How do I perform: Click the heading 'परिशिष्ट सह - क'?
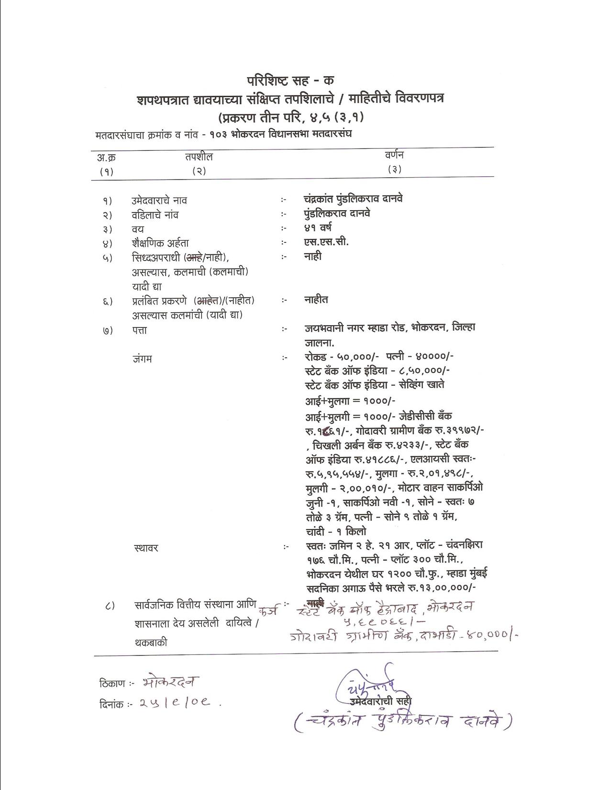point(290,80)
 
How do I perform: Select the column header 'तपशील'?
point(199,157)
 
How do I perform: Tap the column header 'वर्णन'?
point(394,155)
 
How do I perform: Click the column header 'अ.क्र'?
point(106,157)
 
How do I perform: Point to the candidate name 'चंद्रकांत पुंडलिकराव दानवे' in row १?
point(353,199)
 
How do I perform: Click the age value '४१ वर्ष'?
point(318,227)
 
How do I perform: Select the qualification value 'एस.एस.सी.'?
point(326,241)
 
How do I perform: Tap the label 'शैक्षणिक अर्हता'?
point(160,243)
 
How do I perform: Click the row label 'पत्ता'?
point(140,330)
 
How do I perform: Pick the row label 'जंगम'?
point(142,358)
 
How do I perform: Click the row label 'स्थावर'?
point(146,548)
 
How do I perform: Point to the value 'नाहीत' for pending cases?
point(316,300)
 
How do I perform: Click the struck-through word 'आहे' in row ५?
point(193,258)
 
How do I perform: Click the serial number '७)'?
point(107,330)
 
